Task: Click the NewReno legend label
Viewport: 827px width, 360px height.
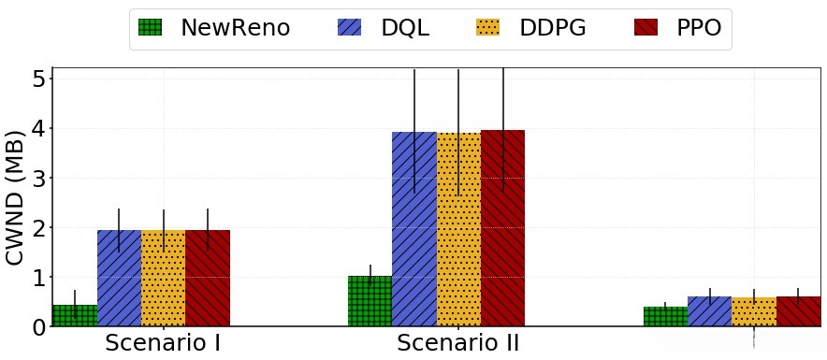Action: pyautogui.click(x=235, y=28)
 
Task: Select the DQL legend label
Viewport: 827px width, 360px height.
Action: pyautogui.click(x=405, y=28)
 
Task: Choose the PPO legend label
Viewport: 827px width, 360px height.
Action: pyautogui.click(x=699, y=28)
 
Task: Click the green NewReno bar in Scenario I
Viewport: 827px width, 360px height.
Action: pyautogui.click(x=75, y=316)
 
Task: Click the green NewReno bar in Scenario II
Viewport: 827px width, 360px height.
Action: pyautogui.click(x=370, y=301)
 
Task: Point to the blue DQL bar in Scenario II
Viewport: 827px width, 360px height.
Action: pyautogui.click(x=413, y=229)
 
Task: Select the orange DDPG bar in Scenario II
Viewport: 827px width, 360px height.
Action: pyautogui.click(x=458, y=229)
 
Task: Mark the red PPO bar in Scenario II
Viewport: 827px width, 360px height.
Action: pyautogui.click(x=502, y=229)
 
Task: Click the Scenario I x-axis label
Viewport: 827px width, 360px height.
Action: pyautogui.click(x=163, y=342)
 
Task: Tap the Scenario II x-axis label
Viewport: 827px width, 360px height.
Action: pyautogui.click(x=458, y=342)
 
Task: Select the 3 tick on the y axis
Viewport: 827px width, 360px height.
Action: pyautogui.click(x=38, y=178)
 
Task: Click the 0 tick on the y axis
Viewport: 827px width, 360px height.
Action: pyautogui.click(x=38, y=327)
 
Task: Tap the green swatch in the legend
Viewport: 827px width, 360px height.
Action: pyautogui.click(x=150, y=28)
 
